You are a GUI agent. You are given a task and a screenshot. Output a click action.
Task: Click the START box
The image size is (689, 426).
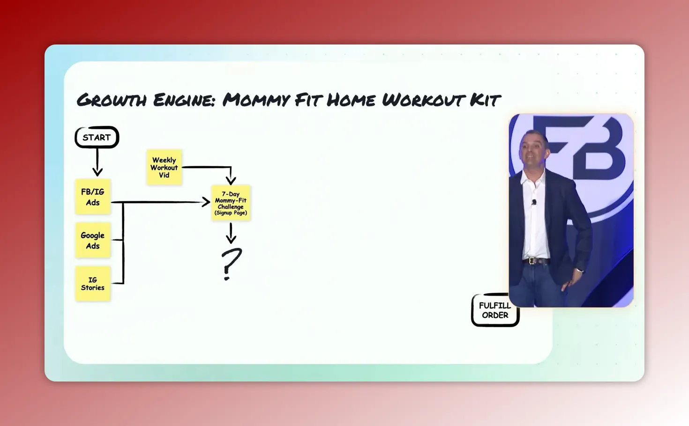(97, 137)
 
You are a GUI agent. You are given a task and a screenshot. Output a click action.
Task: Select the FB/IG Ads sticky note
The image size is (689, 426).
(93, 197)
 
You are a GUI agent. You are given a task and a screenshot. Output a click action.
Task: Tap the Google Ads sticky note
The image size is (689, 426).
(93, 240)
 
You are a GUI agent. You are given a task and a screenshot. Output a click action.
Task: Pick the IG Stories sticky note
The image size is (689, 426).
(93, 284)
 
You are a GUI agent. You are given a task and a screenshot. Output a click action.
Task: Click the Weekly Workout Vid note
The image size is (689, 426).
(164, 167)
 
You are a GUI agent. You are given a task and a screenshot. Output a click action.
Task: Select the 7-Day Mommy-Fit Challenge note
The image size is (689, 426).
(231, 203)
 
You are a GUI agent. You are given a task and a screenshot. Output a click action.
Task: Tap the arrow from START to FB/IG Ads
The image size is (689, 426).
(97, 162)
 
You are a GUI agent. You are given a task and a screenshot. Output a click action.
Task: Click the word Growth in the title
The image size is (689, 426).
(112, 100)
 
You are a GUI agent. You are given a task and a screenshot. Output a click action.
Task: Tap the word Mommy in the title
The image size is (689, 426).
(256, 100)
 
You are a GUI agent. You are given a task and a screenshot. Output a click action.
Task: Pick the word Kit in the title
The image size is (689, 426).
(485, 100)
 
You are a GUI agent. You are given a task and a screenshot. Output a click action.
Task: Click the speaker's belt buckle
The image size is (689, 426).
(532, 261)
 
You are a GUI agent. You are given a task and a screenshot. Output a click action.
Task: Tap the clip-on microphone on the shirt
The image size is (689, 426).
(534, 202)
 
